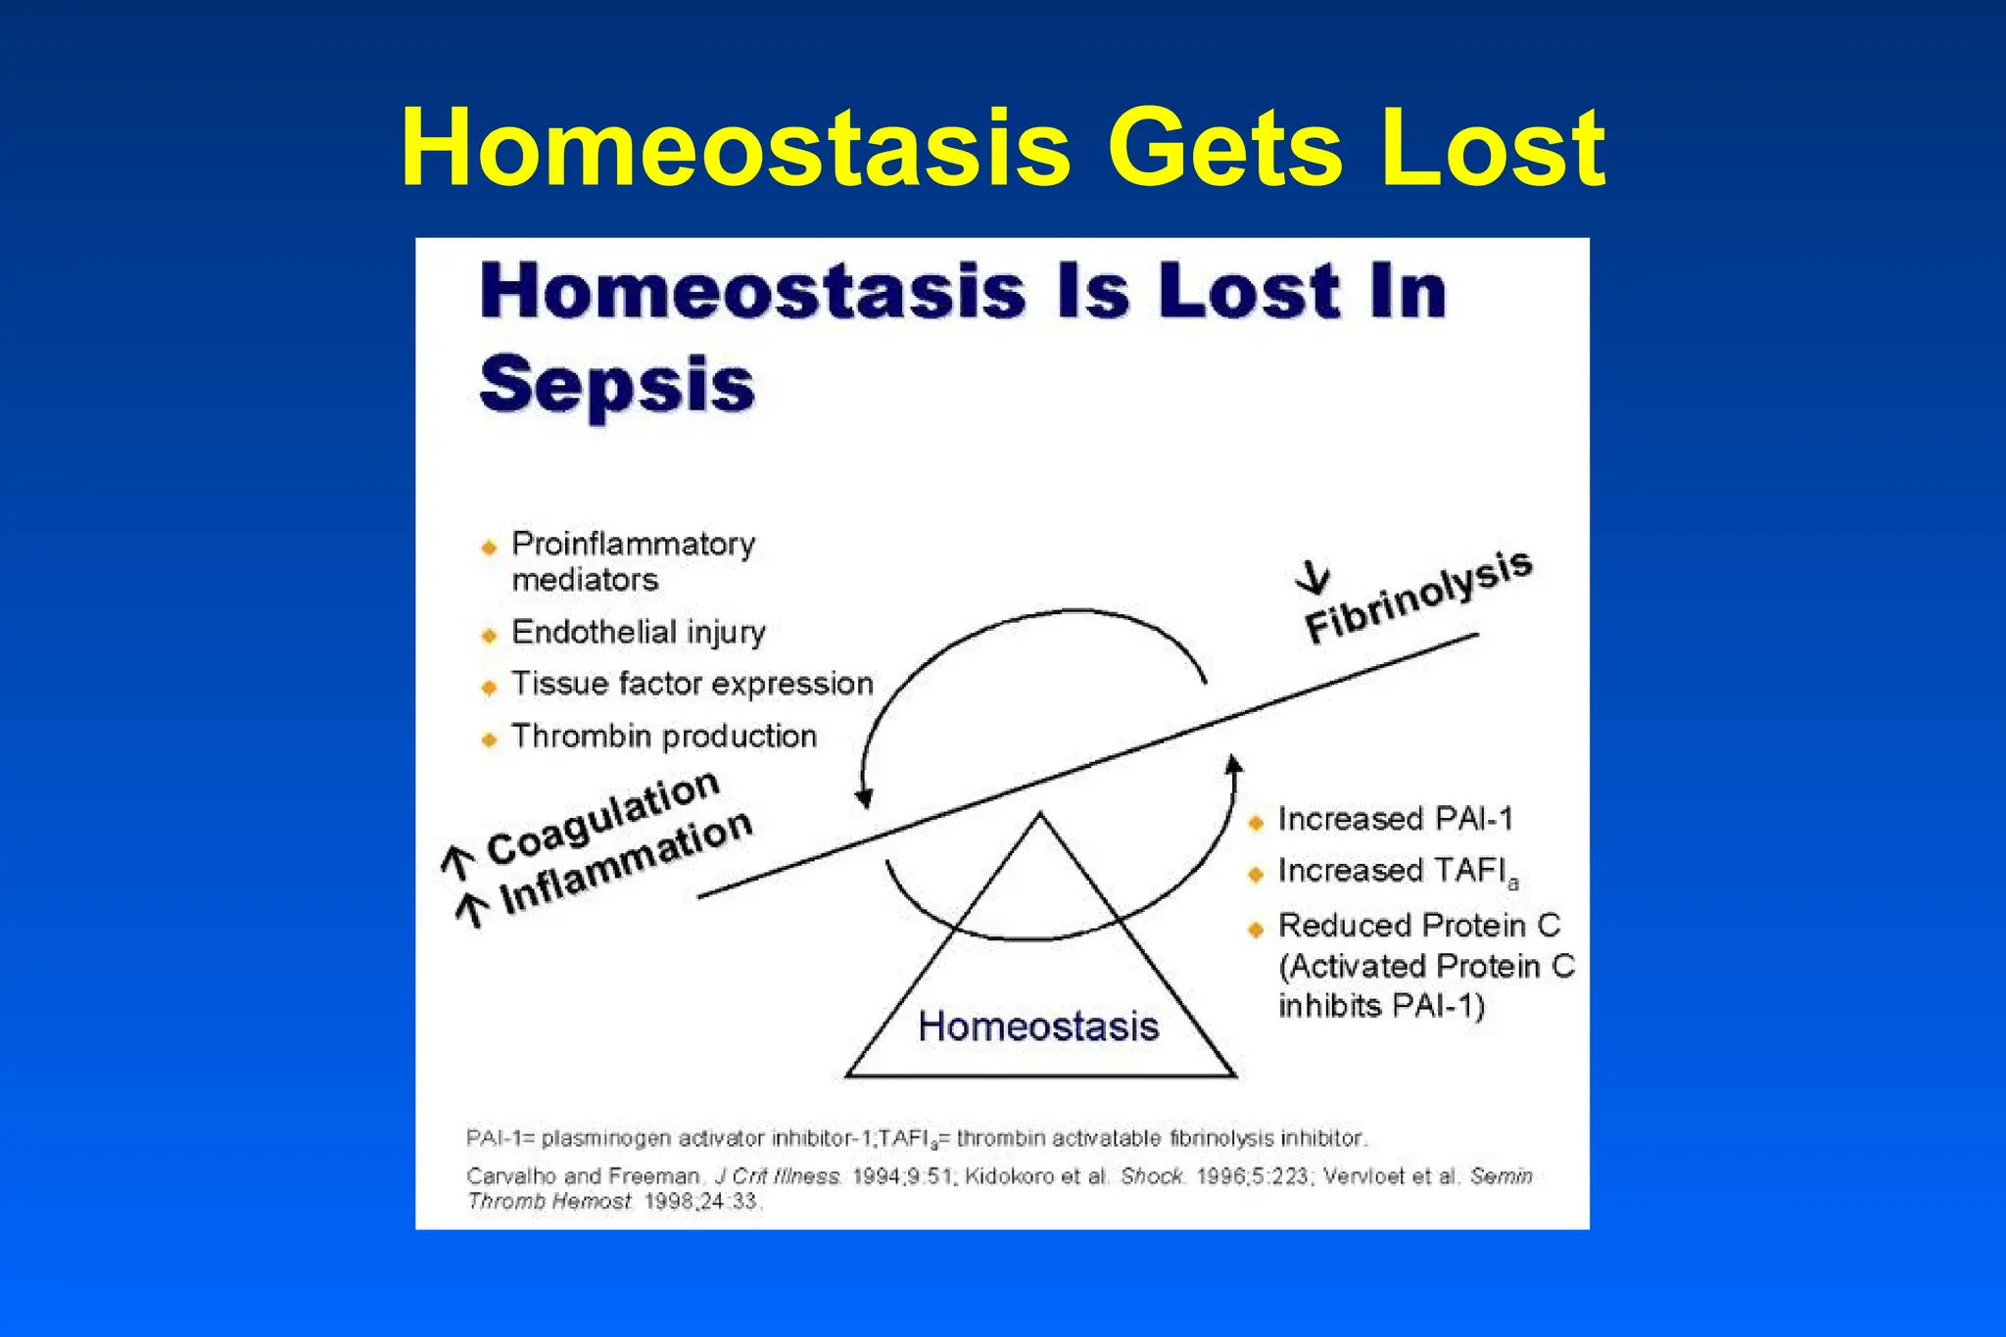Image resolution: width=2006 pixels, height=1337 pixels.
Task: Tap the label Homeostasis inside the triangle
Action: [1038, 1027]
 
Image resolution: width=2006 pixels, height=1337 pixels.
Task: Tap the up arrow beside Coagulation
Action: [457, 862]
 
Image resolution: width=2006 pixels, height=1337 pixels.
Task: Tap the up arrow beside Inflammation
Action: [472, 910]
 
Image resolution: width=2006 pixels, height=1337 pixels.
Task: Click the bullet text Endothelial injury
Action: [638, 633]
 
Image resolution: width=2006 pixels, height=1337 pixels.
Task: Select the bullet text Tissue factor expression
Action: [692, 684]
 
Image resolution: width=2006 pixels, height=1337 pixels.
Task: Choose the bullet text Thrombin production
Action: [663, 737]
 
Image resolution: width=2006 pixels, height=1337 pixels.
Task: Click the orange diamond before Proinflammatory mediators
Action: [490, 547]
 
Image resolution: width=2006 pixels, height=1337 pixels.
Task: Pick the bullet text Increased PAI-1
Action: [1395, 819]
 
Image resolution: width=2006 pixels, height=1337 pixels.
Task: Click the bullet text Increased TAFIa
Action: [1398, 871]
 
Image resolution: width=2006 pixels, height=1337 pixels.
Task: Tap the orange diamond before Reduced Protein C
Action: [1257, 929]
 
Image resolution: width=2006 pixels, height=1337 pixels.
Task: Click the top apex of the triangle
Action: [1039, 814]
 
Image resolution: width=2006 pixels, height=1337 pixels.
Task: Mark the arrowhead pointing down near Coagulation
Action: [863, 797]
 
